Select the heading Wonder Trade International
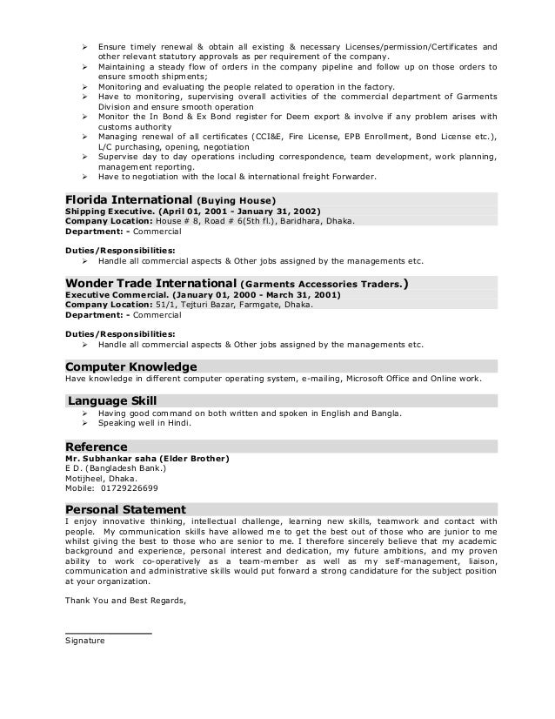[x=150, y=283]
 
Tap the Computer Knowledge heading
[x=131, y=366]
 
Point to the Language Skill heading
[x=112, y=400]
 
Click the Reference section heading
[x=97, y=447]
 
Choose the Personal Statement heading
[x=125, y=509]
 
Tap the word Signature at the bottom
[x=84, y=641]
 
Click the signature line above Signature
[x=108, y=633]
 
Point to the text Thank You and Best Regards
[x=125, y=600]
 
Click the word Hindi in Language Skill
[x=177, y=423]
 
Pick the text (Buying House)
[x=237, y=200]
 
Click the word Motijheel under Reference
[x=84, y=478]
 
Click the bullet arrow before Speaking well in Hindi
[x=85, y=423]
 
